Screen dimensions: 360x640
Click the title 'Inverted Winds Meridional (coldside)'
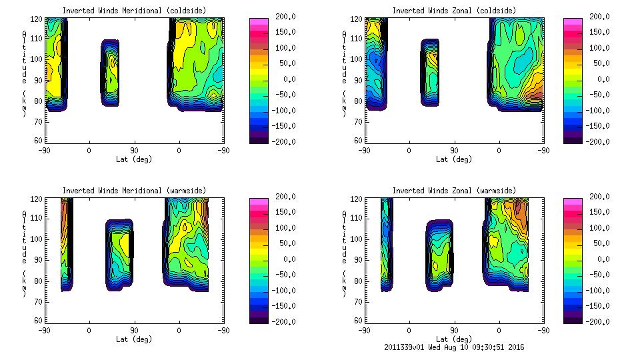[135, 11]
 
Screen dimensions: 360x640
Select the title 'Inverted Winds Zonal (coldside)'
[454, 11]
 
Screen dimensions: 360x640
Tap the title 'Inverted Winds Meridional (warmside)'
[135, 191]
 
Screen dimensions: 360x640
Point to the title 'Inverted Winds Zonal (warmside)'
[454, 191]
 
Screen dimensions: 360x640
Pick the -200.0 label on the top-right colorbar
[598, 141]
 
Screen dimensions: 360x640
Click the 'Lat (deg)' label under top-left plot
[134, 159]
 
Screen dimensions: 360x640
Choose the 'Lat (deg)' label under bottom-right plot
[454, 339]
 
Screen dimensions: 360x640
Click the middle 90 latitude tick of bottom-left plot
[134, 330]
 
